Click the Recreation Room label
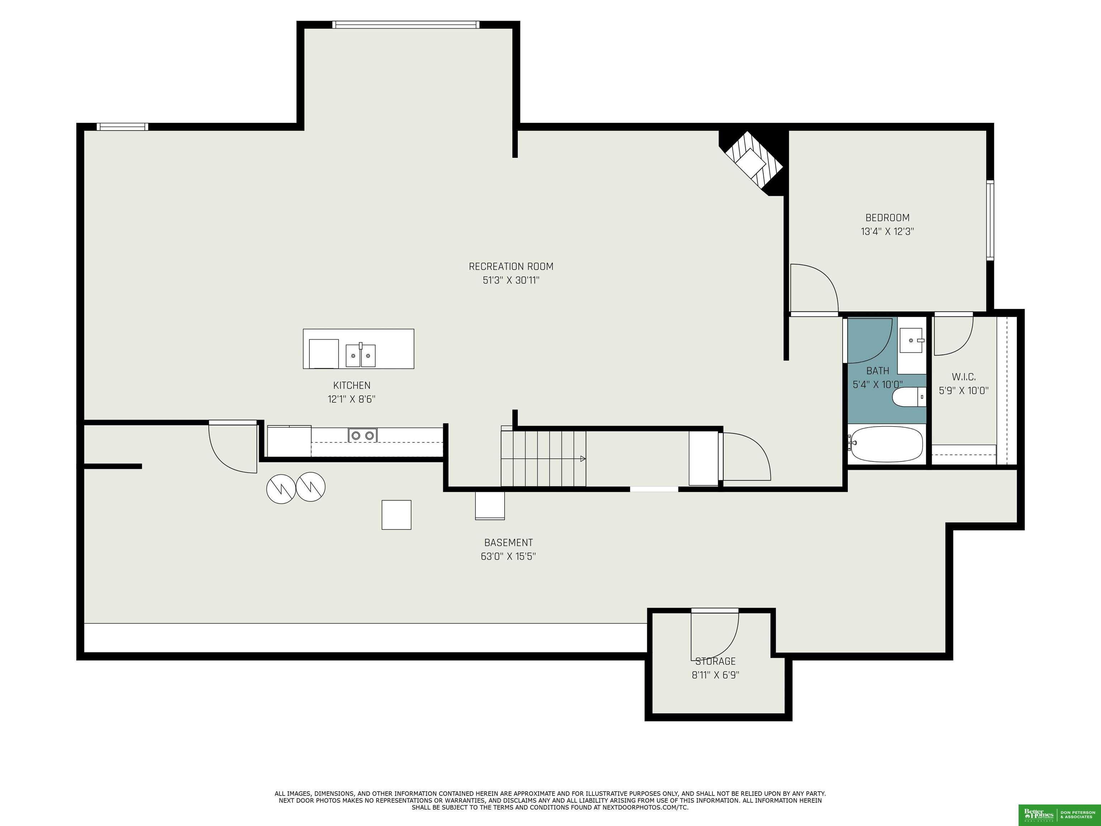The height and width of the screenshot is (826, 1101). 511,266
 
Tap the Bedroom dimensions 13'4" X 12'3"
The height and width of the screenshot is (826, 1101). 887,232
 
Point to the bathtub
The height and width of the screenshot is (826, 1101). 886,443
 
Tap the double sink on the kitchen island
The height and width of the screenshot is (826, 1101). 360,355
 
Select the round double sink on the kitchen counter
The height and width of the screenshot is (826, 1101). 362,436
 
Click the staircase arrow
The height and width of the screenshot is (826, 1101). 582,459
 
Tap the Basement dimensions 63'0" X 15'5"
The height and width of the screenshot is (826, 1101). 508,556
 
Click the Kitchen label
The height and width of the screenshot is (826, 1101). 351,385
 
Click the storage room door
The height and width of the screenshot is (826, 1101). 714,635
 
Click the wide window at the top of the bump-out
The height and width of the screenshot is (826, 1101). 406,24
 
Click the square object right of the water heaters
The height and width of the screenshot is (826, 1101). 396,515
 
